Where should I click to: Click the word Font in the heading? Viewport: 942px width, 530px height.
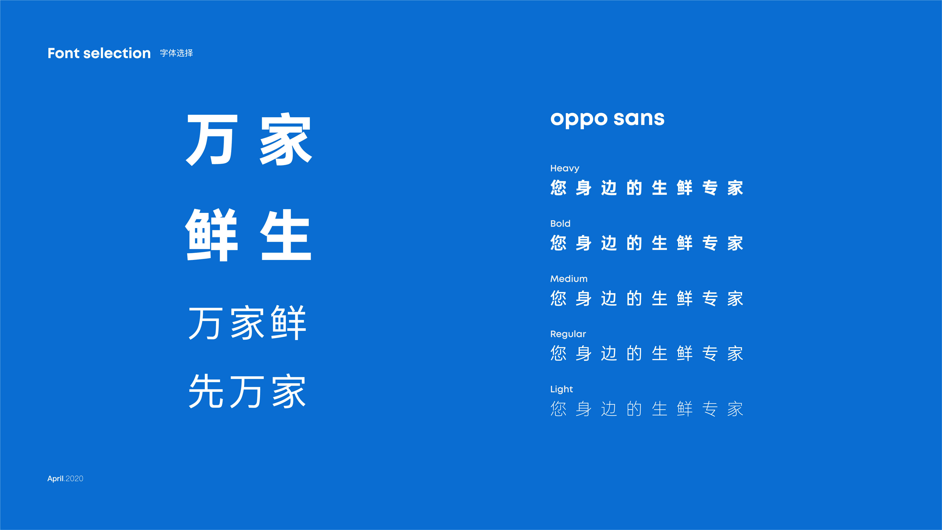(63, 53)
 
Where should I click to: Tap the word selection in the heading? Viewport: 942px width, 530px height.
(117, 53)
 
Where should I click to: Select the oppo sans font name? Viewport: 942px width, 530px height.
(607, 119)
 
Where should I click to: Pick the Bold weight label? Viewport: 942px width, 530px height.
(560, 223)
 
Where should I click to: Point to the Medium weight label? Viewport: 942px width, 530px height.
(569, 279)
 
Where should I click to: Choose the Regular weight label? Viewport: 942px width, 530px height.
(568, 334)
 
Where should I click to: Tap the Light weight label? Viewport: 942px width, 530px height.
(561, 389)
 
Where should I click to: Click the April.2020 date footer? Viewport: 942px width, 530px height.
(65, 478)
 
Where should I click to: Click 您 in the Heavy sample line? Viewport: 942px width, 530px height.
(558, 188)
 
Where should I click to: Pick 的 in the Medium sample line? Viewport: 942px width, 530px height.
(634, 298)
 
